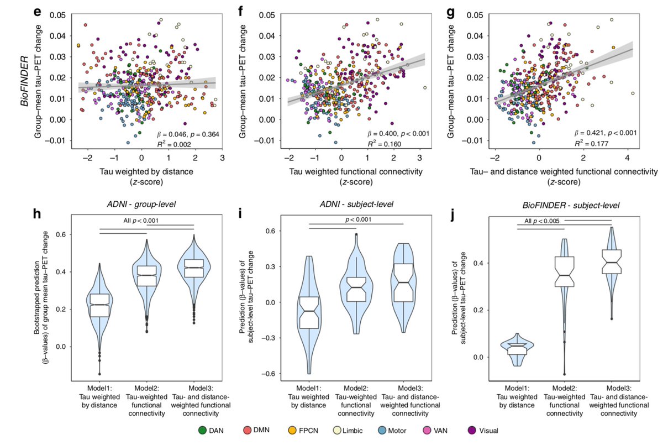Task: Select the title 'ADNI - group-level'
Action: (149, 206)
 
